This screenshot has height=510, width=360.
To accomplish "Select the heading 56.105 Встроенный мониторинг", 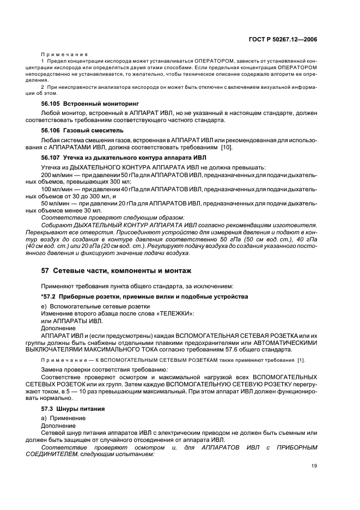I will tap(83, 103).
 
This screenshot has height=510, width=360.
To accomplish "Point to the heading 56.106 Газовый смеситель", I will tap(78, 131).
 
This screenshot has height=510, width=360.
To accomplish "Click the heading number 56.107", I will tap(52, 158).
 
